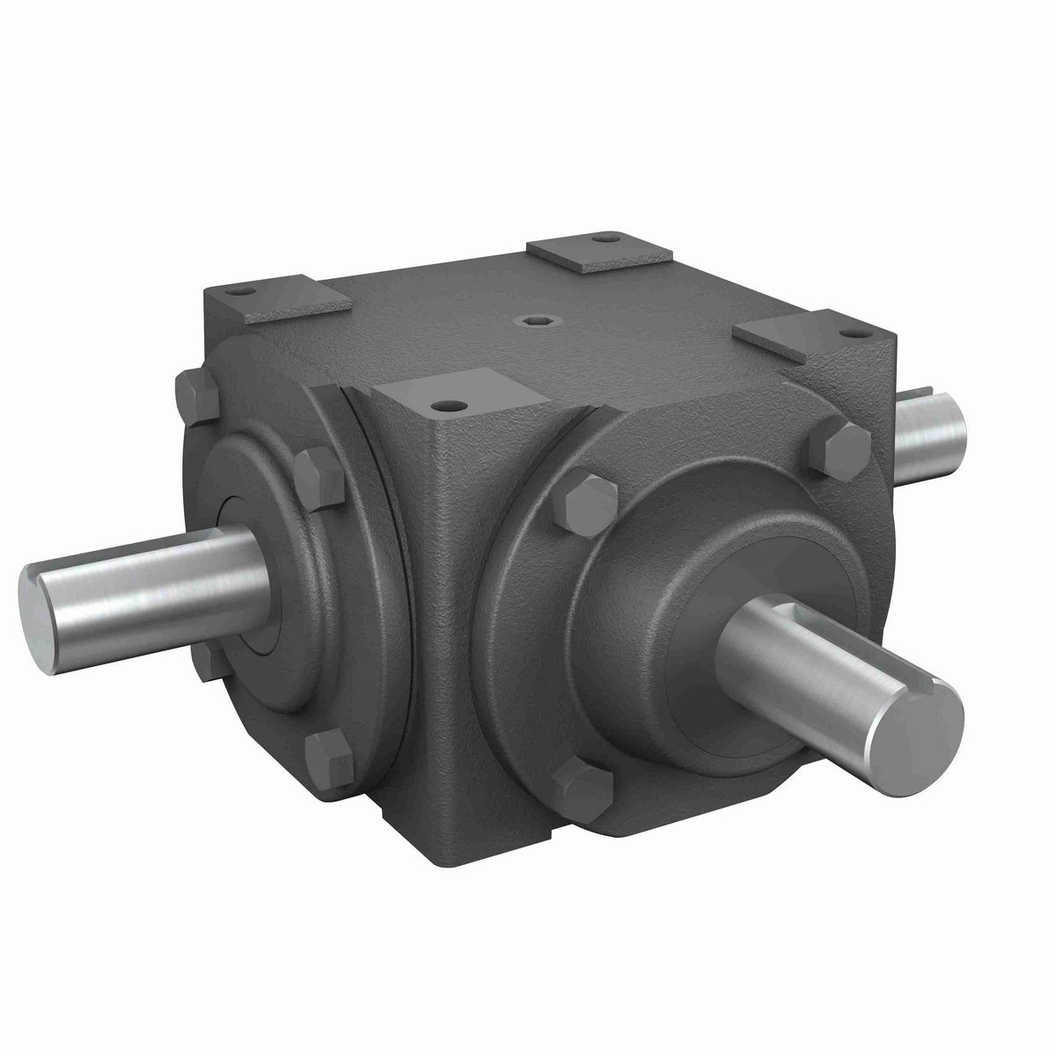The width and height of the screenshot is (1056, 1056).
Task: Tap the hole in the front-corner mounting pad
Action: pyautogui.click(x=451, y=407)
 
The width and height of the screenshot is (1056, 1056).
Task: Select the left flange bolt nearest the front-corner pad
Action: pyautogui.click(x=319, y=480)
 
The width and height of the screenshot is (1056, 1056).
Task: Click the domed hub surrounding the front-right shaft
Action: pyautogui.click(x=669, y=563)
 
